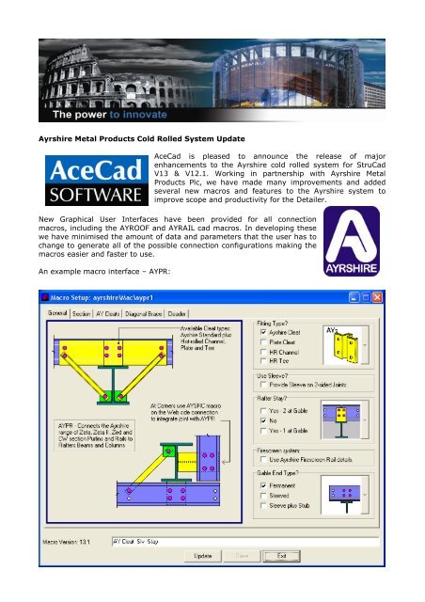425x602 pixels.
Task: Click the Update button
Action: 202,556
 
